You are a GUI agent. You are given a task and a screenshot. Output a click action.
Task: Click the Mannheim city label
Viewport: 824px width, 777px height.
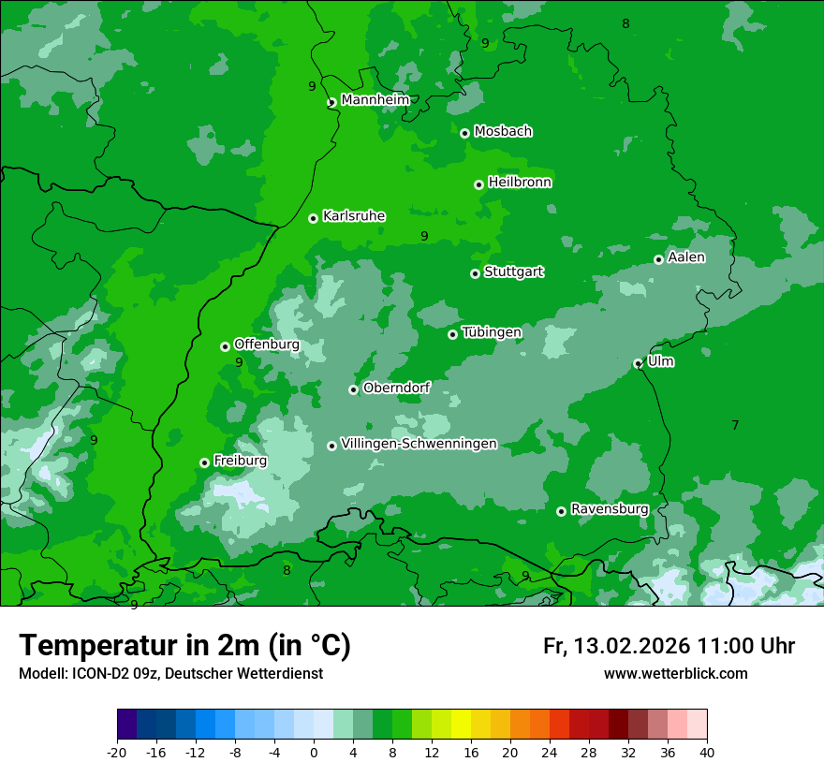tap(375, 100)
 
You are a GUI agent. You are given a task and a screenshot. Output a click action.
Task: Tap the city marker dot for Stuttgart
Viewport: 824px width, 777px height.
tap(476, 273)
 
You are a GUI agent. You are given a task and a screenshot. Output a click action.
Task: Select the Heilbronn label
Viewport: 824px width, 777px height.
tap(520, 183)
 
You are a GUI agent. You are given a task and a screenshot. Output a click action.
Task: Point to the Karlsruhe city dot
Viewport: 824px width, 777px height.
tap(314, 218)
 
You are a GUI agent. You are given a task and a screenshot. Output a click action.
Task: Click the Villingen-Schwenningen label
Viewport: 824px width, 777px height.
tap(419, 444)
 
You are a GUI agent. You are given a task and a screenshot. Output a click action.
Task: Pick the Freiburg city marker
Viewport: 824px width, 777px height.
tap(205, 462)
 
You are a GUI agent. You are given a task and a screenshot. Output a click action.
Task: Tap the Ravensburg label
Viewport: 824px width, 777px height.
tap(609, 509)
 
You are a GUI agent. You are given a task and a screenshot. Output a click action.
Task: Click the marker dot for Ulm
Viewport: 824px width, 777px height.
tap(639, 363)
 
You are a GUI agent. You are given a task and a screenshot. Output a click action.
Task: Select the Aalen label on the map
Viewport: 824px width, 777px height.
tap(686, 257)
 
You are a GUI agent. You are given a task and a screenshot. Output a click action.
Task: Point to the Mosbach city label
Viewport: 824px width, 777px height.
tap(503, 132)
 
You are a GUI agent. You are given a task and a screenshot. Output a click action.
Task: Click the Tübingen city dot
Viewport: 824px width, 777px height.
tap(453, 334)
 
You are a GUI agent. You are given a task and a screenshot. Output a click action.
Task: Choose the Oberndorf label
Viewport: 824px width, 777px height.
tap(396, 388)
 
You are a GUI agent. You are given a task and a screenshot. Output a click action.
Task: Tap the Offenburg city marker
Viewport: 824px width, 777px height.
tap(226, 346)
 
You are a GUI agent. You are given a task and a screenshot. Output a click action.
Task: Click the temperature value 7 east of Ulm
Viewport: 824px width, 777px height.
tap(735, 425)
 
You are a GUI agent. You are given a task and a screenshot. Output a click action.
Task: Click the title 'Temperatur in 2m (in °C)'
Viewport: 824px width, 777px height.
tap(184, 646)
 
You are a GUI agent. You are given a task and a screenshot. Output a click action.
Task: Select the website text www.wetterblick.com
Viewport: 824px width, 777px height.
tap(675, 673)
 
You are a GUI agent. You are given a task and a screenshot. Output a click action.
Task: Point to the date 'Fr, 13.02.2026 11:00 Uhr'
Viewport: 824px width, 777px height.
tap(669, 646)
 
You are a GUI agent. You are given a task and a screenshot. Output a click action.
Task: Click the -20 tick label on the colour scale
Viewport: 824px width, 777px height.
tap(117, 752)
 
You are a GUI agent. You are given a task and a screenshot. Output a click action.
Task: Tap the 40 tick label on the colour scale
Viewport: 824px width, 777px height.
tap(706, 752)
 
